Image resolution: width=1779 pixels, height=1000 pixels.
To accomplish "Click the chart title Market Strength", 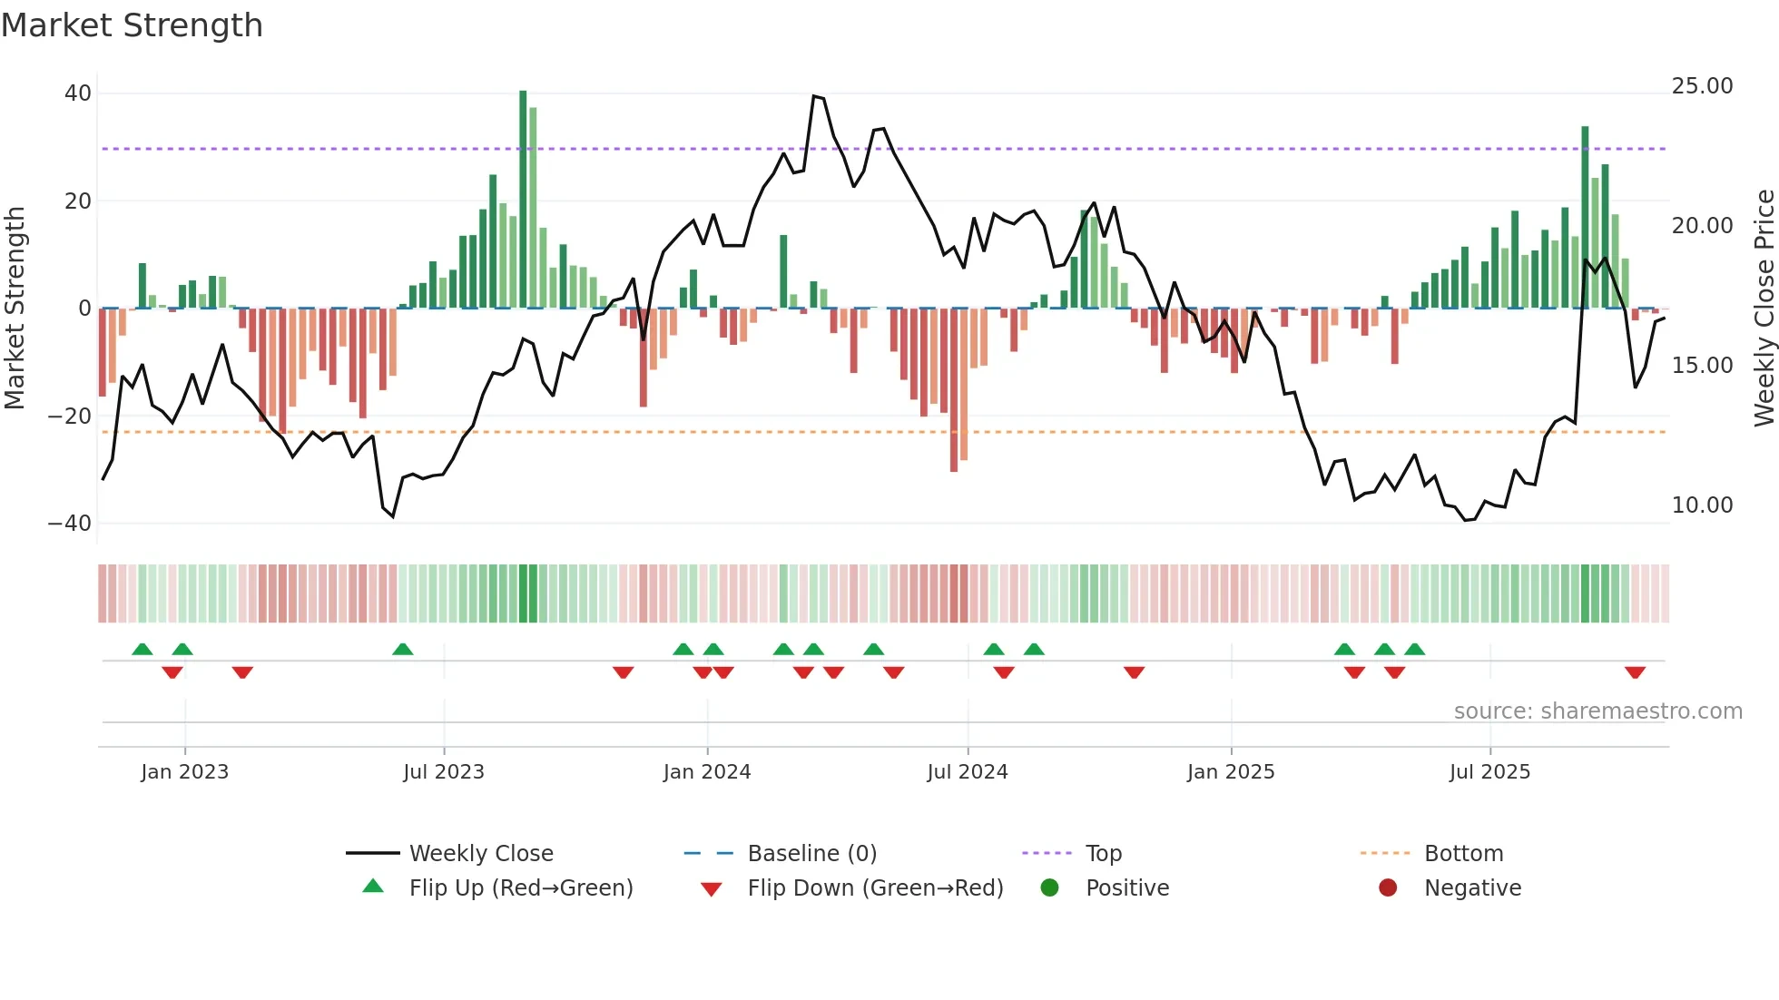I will click(x=132, y=25).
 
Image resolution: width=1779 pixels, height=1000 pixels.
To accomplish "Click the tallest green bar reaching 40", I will click(x=523, y=200).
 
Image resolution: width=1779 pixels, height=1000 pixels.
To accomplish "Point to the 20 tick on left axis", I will click(x=78, y=201).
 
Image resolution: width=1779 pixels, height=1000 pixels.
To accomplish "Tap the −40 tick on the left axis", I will click(x=70, y=524).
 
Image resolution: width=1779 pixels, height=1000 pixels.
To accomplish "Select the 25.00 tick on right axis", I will click(x=1702, y=86).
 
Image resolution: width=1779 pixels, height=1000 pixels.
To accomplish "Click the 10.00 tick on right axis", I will click(x=1702, y=505).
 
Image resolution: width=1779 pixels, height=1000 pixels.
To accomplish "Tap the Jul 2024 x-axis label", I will click(x=968, y=772).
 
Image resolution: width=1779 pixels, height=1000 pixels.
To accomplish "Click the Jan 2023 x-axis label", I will click(x=185, y=772).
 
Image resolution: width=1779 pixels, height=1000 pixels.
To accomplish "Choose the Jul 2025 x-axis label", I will click(x=1489, y=772).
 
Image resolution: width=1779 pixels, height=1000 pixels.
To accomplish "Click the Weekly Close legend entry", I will click(x=480, y=854).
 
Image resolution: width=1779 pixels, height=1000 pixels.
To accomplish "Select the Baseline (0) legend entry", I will click(x=811, y=854).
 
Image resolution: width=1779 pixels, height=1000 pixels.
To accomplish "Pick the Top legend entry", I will click(x=1104, y=854).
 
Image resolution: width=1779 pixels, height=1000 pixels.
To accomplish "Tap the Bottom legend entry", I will click(x=1463, y=854).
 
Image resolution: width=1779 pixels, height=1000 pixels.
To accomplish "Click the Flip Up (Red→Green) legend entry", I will click(x=520, y=888).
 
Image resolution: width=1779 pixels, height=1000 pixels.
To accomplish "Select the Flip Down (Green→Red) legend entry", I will click(x=875, y=888).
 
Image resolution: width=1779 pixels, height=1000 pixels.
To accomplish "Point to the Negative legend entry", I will click(x=1472, y=888).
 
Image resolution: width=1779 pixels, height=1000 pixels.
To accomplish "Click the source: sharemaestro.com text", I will click(x=1597, y=711).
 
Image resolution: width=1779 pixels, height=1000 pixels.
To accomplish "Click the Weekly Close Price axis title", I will click(x=1764, y=309).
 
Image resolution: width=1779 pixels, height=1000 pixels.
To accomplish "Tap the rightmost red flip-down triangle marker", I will click(x=1635, y=672).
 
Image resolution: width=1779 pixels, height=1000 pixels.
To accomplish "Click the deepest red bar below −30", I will click(x=954, y=390).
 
